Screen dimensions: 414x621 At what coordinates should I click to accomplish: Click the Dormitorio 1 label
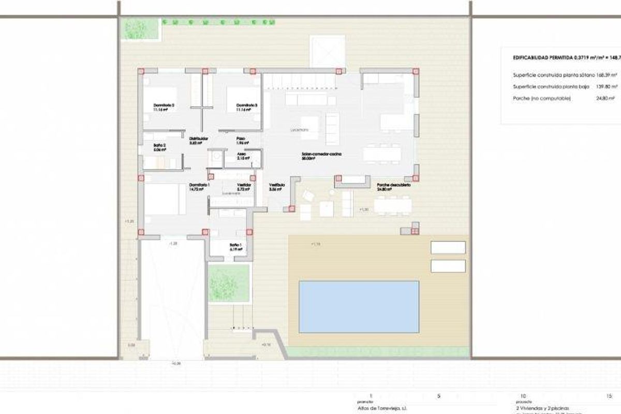pos(199,185)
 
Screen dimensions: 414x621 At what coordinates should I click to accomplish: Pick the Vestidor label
pos(244,185)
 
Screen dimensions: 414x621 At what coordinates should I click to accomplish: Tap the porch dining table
pos(393,206)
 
